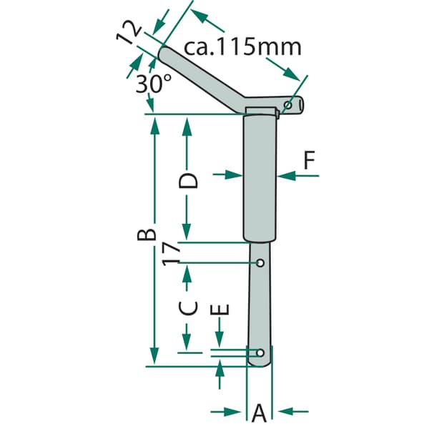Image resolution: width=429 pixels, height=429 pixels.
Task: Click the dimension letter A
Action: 259,413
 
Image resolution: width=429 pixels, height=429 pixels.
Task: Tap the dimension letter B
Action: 147,235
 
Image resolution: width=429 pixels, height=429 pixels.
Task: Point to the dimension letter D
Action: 188,181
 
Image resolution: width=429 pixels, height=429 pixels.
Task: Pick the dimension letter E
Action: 220,310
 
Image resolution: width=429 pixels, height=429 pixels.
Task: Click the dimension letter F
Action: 310,160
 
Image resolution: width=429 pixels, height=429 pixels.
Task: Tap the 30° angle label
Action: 154,84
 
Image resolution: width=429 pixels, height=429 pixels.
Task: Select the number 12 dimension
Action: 129,33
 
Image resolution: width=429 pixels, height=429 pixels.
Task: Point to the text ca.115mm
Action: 242,47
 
